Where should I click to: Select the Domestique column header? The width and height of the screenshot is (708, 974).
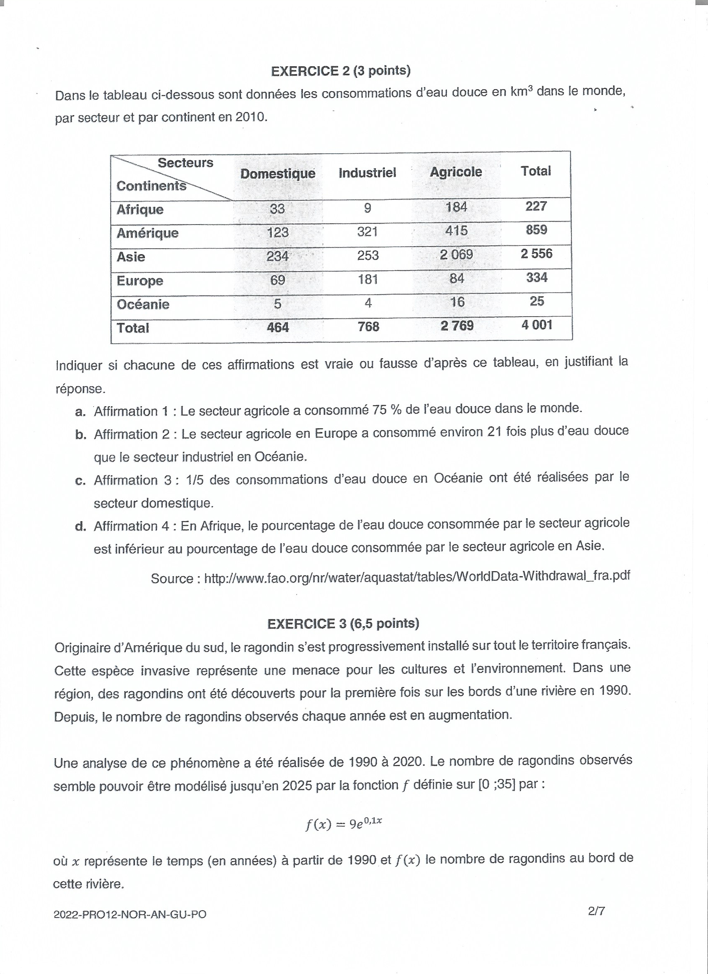[x=277, y=173]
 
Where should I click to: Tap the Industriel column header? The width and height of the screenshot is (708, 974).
[x=367, y=172]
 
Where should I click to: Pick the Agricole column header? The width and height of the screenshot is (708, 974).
[x=456, y=172]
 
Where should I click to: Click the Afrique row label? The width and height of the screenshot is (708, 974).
[x=140, y=210]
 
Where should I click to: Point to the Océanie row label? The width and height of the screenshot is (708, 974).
[x=143, y=305]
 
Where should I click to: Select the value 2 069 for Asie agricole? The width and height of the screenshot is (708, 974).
[x=456, y=255]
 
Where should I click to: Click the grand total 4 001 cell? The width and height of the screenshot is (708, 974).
[x=537, y=325]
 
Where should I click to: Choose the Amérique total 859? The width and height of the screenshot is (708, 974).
[x=536, y=230]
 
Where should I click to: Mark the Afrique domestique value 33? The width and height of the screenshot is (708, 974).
[x=277, y=209]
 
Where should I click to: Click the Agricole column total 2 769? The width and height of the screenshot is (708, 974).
[x=457, y=325]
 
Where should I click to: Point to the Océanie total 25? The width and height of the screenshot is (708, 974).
[x=537, y=301]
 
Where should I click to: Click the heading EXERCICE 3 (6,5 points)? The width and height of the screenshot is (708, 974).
[x=343, y=624]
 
